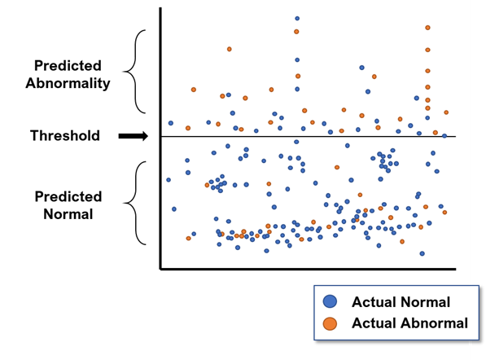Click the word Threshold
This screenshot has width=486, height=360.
(x=65, y=135)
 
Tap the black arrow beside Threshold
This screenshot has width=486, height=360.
(x=134, y=136)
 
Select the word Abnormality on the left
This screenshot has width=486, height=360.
(x=68, y=83)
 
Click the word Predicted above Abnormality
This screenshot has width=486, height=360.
(x=68, y=65)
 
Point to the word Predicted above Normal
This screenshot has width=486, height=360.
(x=68, y=196)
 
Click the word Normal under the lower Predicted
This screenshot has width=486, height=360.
(x=68, y=214)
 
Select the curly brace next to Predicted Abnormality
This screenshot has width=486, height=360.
(x=134, y=72)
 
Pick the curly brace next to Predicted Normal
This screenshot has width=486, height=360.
(x=134, y=203)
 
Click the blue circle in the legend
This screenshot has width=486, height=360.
(x=330, y=301)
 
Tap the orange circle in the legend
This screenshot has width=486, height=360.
(x=330, y=323)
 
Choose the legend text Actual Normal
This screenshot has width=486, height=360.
(x=401, y=301)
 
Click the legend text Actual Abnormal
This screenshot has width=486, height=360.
(x=409, y=323)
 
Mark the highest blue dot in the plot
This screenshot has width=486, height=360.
(x=297, y=19)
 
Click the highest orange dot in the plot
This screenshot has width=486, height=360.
(x=427, y=28)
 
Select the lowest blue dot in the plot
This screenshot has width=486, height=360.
(x=423, y=253)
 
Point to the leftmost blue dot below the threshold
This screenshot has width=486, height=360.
(x=169, y=180)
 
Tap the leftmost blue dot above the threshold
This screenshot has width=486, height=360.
(x=171, y=123)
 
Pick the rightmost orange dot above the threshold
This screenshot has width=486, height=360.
(x=446, y=112)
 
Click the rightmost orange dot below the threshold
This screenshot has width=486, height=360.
(x=444, y=213)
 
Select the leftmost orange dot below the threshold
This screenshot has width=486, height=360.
(x=188, y=238)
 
